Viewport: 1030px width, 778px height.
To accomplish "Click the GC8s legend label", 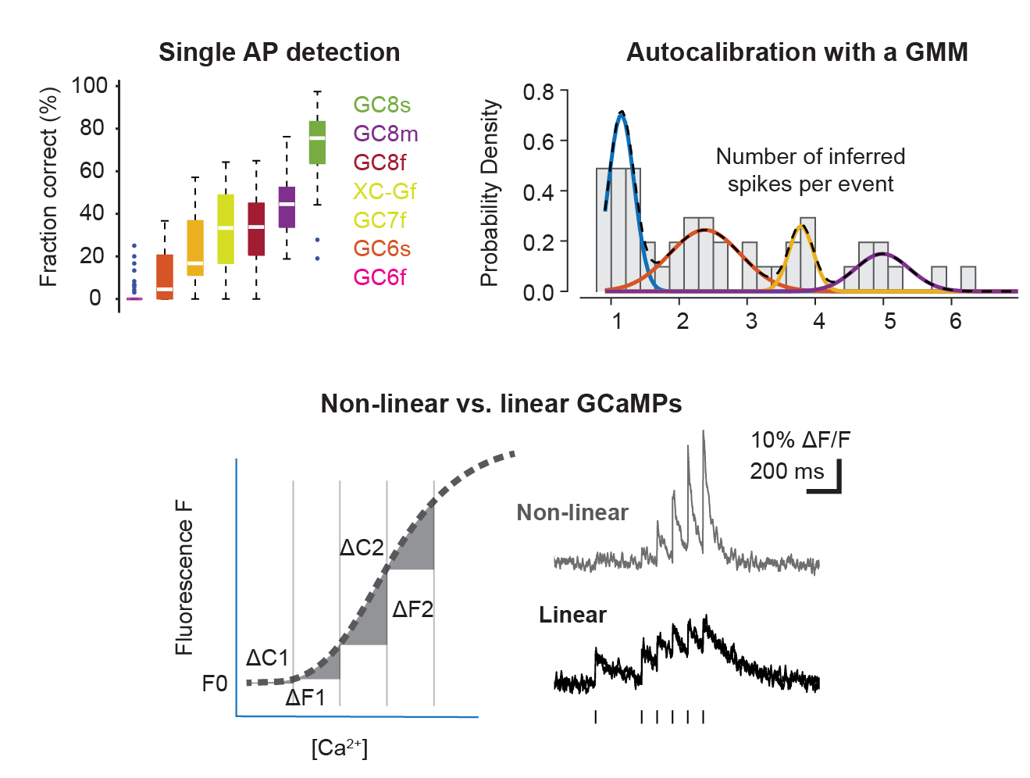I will [381, 105].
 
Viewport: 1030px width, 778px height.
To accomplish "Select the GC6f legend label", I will [380, 277].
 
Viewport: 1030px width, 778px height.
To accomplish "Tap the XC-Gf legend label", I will [384, 191].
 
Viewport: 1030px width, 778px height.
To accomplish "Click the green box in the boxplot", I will [317, 142].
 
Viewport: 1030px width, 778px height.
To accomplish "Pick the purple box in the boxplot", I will [287, 207].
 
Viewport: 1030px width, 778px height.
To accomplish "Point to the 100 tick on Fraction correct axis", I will [90, 85].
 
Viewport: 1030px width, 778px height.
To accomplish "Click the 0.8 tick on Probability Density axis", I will [538, 92].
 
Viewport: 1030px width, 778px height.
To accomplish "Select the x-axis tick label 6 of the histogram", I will [955, 321].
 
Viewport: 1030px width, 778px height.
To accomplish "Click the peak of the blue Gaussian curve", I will [622, 112].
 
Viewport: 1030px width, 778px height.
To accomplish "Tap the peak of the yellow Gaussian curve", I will [801, 227].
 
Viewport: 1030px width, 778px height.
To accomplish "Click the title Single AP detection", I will [279, 52].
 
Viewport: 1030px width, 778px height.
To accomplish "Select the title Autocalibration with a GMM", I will [797, 52].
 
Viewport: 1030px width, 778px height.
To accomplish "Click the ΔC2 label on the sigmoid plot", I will [362, 547].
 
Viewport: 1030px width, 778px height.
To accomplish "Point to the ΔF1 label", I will [305, 697].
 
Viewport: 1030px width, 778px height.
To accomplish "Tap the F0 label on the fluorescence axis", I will [215, 683].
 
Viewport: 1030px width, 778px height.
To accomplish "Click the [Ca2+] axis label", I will [339, 748].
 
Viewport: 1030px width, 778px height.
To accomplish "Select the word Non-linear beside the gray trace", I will [572, 512].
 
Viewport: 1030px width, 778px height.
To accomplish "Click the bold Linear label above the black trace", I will [572, 615].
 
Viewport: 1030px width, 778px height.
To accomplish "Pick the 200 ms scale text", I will [786, 471].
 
